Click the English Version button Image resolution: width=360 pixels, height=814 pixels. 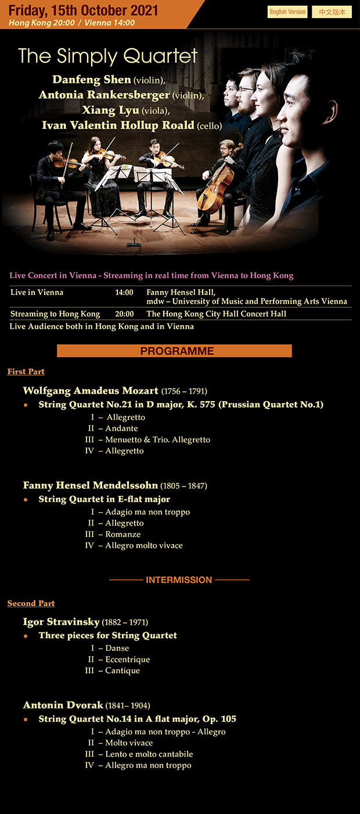(x=287, y=12)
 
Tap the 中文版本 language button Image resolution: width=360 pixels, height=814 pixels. (x=332, y=12)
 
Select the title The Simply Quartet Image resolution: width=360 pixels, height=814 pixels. (x=108, y=56)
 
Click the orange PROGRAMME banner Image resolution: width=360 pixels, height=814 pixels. (x=174, y=351)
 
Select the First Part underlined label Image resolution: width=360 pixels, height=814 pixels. (x=26, y=372)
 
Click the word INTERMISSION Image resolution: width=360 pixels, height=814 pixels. (x=179, y=579)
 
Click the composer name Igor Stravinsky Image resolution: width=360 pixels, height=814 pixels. (x=62, y=622)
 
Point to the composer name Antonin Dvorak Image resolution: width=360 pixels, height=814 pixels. (x=63, y=705)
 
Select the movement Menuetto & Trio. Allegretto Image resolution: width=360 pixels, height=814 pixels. (x=157, y=440)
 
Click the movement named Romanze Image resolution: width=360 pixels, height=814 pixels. (x=123, y=534)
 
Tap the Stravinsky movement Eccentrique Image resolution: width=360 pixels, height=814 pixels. (x=127, y=660)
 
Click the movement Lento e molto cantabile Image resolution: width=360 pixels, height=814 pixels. (x=149, y=754)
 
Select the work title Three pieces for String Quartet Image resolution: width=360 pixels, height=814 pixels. (x=107, y=636)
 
